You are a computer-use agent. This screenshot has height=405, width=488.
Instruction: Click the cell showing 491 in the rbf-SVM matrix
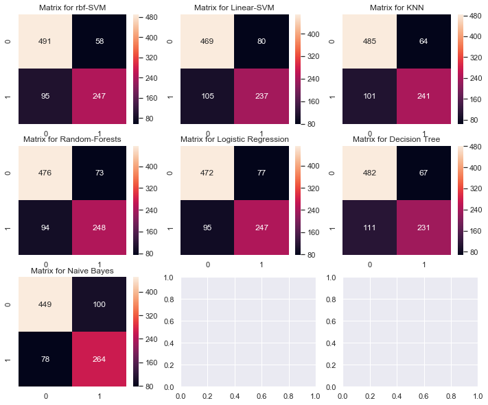pyautogui.click(x=45, y=41)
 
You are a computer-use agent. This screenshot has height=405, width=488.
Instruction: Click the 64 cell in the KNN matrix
pyautogui.click(x=423, y=41)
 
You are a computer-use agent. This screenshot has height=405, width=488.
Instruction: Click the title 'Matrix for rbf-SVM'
pyautogui.click(x=72, y=8)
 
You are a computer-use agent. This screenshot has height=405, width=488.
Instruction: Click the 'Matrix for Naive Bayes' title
pyautogui.click(x=72, y=271)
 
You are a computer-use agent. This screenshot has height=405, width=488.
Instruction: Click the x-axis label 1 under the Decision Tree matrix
pyautogui.click(x=423, y=263)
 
